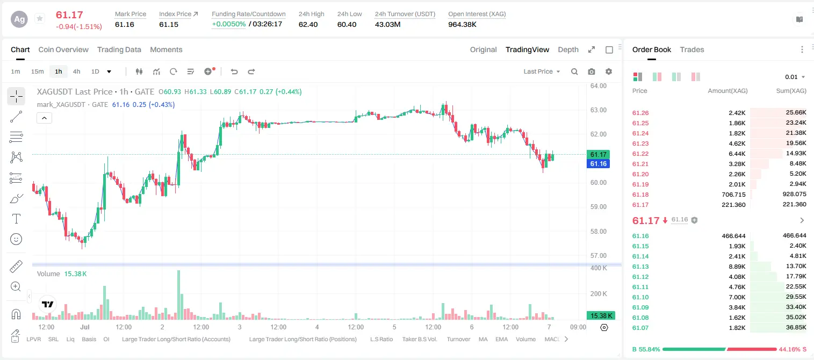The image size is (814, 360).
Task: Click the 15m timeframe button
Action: pyautogui.click(x=38, y=71)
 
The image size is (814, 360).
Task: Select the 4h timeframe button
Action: pyautogui.click(x=76, y=71)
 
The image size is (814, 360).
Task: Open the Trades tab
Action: pyautogui.click(x=692, y=49)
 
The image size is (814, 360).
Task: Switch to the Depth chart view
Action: pyautogui.click(x=568, y=49)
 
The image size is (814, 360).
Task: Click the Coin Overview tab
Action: pyautogui.click(x=63, y=49)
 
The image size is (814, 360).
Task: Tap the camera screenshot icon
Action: pyautogui.click(x=592, y=71)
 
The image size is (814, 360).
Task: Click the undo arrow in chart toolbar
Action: pyautogui.click(x=234, y=71)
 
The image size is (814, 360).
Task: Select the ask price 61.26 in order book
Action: pyautogui.click(x=640, y=113)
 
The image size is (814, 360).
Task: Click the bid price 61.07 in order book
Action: pyautogui.click(x=640, y=328)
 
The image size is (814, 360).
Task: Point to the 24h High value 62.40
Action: pyautogui.click(x=308, y=24)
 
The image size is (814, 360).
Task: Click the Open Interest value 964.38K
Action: pyautogui.click(x=462, y=24)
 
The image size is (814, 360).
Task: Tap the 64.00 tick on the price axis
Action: pyautogui.click(x=598, y=86)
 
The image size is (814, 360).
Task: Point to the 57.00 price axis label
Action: pyautogui.click(x=598, y=255)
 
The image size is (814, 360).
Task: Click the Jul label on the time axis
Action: pyautogui.click(x=85, y=327)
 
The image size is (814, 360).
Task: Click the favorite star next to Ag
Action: pyautogui.click(x=40, y=18)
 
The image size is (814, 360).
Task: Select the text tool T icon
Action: pyautogui.click(x=16, y=219)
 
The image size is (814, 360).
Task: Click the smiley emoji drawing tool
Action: pyautogui.click(x=16, y=239)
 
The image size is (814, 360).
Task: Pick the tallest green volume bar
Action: pyautogui.click(x=179, y=295)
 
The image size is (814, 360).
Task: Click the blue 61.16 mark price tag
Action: pyautogui.click(x=598, y=164)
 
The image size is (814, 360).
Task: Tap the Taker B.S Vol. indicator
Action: pyautogui.click(x=419, y=339)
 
